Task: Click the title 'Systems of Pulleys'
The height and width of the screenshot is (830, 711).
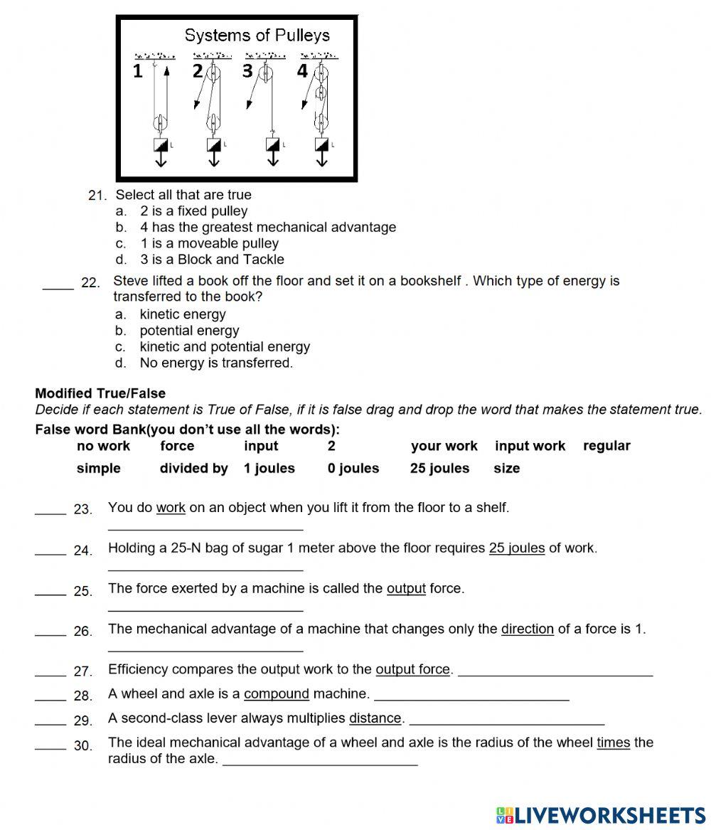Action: pyautogui.click(x=257, y=35)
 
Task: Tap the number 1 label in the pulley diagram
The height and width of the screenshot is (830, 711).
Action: pyautogui.click(x=138, y=71)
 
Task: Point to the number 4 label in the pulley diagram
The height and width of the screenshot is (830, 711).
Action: pyautogui.click(x=302, y=71)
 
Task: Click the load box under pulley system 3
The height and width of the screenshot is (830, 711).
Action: pyautogui.click(x=273, y=145)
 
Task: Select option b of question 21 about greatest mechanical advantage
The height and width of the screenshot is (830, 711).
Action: pyautogui.click(x=267, y=228)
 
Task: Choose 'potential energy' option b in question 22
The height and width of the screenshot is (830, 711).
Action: pyautogui.click(x=189, y=331)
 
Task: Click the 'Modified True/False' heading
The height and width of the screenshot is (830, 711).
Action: pyautogui.click(x=100, y=393)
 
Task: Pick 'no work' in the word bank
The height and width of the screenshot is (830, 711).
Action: pyautogui.click(x=103, y=446)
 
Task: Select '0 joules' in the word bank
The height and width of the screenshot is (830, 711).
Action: pyautogui.click(x=353, y=469)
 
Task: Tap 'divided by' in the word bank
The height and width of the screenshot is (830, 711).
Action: pyautogui.click(x=193, y=469)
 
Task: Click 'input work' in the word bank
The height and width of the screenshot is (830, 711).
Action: pyautogui.click(x=530, y=446)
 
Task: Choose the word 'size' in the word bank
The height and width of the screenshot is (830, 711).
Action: pyautogui.click(x=506, y=469)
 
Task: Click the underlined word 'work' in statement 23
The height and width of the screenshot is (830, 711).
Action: pyautogui.click(x=171, y=508)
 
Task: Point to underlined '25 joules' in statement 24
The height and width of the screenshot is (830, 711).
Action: pyautogui.click(x=517, y=548)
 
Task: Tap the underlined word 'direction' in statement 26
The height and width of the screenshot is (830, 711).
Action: pyautogui.click(x=527, y=629)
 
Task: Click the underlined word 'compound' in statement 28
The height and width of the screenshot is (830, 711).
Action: pyautogui.click(x=276, y=693)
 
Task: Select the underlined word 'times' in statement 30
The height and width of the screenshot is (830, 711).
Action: pyautogui.click(x=613, y=743)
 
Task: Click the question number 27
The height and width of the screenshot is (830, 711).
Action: pyautogui.click(x=83, y=671)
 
